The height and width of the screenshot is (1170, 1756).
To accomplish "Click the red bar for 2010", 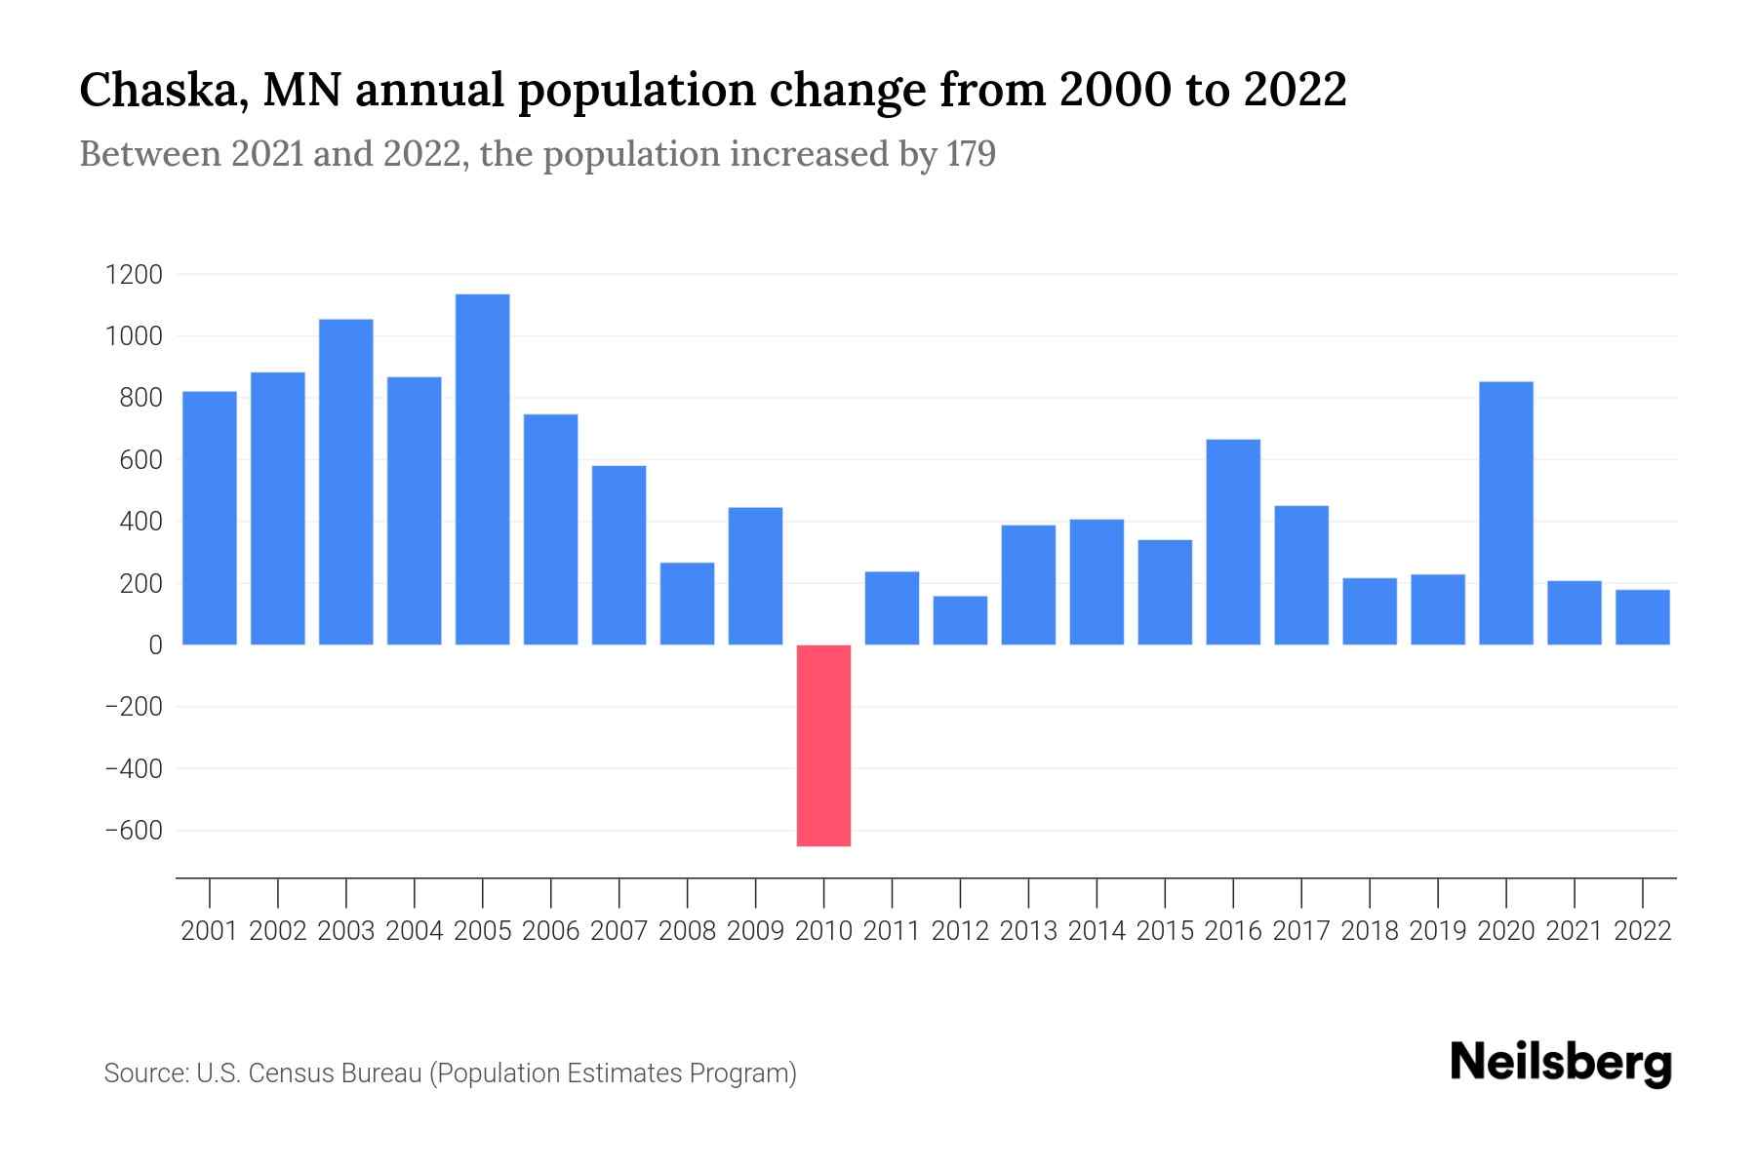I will pos(823,745).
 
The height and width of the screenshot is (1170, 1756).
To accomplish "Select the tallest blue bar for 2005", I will pos(482,469).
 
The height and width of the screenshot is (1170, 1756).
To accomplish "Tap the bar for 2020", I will pos(1505,513).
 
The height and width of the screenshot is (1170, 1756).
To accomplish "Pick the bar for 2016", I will pos(1233,542).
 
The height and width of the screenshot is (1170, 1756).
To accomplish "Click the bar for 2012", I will pos(960,620).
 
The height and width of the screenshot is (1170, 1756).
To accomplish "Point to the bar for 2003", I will pos(345,482).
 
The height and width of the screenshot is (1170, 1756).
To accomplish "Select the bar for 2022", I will pos(1642,617).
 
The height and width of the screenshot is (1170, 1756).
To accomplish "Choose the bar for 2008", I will pos(687,604).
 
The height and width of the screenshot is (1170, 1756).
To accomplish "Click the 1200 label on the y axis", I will pos(134,275).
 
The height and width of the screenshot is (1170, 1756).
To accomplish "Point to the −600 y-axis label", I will pos(134,831).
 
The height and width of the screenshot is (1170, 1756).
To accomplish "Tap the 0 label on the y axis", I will pos(155,645).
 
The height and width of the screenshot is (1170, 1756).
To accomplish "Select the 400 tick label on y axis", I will pos(140,522).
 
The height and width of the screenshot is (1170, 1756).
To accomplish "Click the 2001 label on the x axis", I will pos(209,931).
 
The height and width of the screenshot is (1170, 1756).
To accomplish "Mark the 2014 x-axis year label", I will pos(1097,931).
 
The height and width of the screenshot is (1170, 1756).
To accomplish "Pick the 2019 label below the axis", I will pos(1437,931).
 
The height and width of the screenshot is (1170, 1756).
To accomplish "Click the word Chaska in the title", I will pos(150,91).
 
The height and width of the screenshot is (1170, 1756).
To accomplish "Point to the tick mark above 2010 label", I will pos(823,892).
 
